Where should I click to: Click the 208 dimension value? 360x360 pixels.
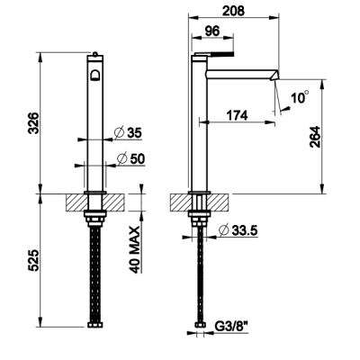click(233, 11)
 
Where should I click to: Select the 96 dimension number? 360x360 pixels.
click(212, 31)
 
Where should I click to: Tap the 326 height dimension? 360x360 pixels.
click(33, 123)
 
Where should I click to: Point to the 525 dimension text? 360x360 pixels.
click(33, 260)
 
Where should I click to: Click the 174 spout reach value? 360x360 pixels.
click(237, 115)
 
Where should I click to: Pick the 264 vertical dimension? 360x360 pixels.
click(315, 137)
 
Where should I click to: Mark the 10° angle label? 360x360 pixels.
click(300, 97)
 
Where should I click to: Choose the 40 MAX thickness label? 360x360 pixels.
click(136, 249)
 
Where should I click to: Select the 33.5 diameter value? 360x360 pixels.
click(244, 230)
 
